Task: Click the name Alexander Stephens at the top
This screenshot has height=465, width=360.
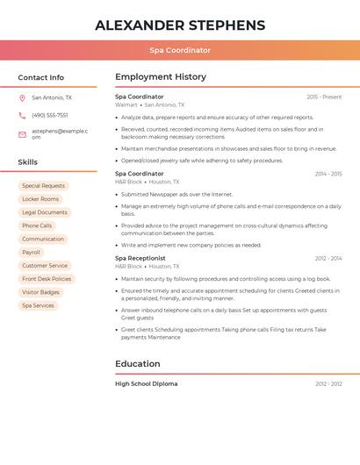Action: coord(180,25)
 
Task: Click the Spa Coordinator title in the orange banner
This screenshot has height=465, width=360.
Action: coord(180,51)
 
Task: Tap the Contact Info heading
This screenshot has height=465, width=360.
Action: coord(40,77)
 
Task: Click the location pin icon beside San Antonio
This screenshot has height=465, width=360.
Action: coord(22,98)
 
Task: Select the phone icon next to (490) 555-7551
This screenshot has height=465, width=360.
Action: coord(22,116)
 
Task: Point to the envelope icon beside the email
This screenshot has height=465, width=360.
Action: coord(22,133)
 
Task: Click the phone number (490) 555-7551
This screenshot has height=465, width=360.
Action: coord(50,116)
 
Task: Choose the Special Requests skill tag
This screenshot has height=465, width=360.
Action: coord(43,186)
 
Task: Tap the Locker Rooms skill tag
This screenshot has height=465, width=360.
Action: coord(40,199)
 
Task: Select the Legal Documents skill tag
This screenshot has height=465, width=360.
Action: coord(45,212)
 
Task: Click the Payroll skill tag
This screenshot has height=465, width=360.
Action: coord(31,253)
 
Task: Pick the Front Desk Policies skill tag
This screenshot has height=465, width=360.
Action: coord(47,279)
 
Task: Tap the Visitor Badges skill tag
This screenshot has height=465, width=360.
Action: coord(40,292)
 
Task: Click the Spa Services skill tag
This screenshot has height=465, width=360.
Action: coord(38,305)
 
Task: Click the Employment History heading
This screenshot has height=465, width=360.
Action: coord(161,77)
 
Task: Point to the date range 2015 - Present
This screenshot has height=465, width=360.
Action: coord(324,97)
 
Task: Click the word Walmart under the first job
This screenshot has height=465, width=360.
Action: coord(126,104)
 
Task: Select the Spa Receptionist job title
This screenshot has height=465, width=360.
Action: coord(140,258)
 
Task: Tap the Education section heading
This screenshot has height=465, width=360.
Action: coord(138,364)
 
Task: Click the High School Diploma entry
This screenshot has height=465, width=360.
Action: coord(147,383)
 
